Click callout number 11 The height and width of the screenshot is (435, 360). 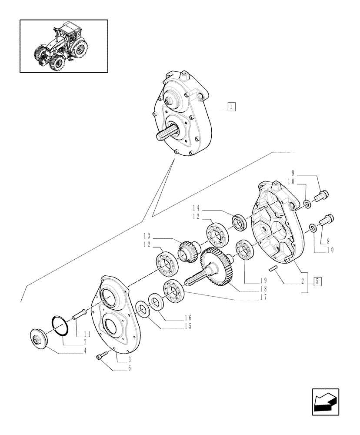[x=87, y=334]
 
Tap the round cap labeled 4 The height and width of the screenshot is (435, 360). [x=38, y=338]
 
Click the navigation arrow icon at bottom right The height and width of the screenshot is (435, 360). [x=326, y=402]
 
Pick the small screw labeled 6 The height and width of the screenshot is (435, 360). [x=102, y=357]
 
